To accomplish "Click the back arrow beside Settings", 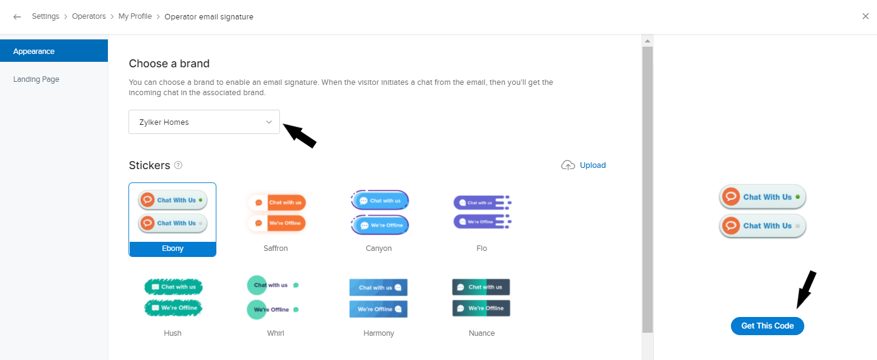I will point(17,17).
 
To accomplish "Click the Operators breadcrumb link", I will point(88,16).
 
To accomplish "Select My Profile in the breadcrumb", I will point(135,16).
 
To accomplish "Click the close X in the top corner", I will point(865,16).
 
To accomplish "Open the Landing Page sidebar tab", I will point(36,79).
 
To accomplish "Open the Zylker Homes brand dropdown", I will point(204,122).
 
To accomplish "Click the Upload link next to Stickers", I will point(592,165).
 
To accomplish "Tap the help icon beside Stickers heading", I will point(178,165).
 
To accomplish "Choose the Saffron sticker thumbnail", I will point(276,213).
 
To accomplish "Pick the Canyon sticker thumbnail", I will point(379,213).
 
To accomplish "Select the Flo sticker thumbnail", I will point(482,213).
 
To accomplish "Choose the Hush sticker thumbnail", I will point(173,298).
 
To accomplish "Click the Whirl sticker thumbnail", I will point(276,298).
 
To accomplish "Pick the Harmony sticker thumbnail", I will point(379,298).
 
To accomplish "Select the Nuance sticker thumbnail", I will point(482,298).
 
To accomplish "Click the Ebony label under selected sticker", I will point(173,248).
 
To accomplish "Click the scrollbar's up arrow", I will point(647,41).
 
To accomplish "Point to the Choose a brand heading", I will point(169,64).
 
